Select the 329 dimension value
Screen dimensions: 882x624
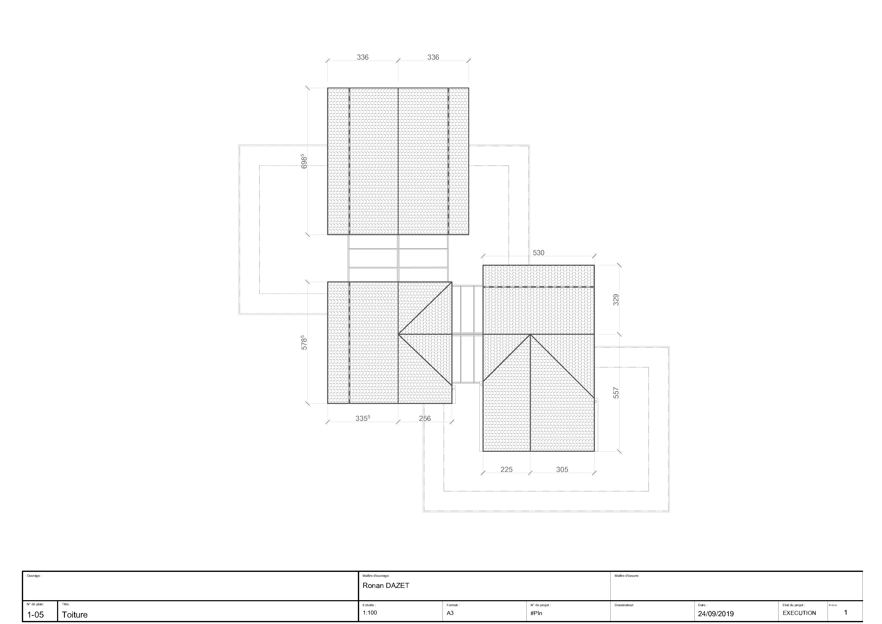click(616, 300)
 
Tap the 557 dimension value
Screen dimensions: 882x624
click(616, 393)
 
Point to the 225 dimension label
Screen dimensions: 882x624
click(506, 470)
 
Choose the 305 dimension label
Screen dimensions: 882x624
click(562, 470)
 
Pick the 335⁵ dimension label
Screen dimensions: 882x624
click(363, 418)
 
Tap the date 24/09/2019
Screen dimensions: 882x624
click(716, 614)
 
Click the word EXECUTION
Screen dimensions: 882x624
click(799, 613)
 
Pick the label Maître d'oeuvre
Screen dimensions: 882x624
click(627, 576)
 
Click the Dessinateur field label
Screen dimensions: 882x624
click(624, 605)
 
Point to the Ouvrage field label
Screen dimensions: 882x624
click(34, 576)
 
